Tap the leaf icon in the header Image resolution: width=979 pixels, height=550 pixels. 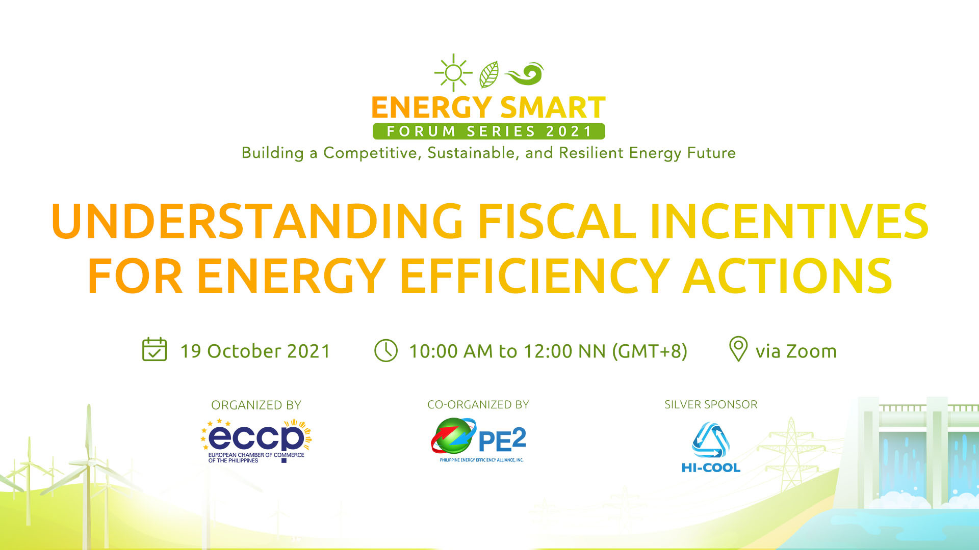(x=489, y=74)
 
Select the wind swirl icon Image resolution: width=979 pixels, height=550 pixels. (x=525, y=74)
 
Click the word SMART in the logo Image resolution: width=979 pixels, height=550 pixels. (x=553, y=108)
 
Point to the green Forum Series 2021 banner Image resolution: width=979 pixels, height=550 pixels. (x=488, y=131)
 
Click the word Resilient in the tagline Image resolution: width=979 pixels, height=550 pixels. (x=591, y=153)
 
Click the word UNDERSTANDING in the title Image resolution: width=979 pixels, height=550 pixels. (x=257, y=222)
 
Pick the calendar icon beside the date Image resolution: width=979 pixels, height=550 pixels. (x=154, y=350)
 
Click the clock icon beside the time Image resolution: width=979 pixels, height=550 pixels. (x=386, y=351)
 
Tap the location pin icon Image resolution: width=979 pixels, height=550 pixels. (x=738, y=349)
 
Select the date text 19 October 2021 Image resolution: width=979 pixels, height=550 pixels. (x=255, y=351)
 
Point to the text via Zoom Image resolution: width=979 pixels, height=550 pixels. (x=796, y=351)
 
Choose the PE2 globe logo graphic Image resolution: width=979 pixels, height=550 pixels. (x=453, y=436)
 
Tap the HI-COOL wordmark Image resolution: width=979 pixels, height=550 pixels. (x=711, y=468)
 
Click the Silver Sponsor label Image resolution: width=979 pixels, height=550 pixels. (x=711, y=404)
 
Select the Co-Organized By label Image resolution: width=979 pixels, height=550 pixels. (x=478, y=405)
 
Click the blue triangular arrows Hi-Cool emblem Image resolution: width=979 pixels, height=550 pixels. (x=711, y=439)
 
